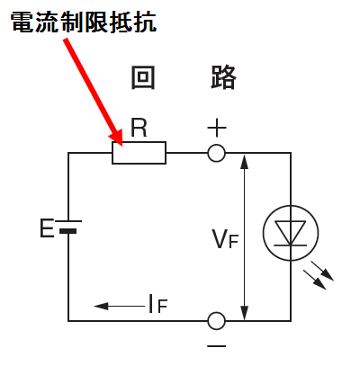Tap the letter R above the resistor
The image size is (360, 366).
click(x=139, y=128)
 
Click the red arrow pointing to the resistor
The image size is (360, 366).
click(x=93, y=92)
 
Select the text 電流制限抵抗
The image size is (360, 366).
click(x=84, y=22)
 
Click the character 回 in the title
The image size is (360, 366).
click(x=143, y=77)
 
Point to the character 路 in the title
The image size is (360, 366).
click(x=223, y=77)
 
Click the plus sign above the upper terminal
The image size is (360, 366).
click(x=217, y=128)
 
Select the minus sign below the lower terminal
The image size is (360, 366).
click(x=217, y=346)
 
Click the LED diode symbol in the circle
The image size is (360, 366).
click(x=291, y=233)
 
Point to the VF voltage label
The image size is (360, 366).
click(x=225, y=239)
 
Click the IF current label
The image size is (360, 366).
click(x=157, y=304)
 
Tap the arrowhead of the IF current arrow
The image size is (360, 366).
click(x=101, y=306)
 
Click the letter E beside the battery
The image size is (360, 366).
click(x=47, y=228)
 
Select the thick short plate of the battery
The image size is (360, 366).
click(x=67, y=231)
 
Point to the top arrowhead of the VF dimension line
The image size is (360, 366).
click(x=245, y=162)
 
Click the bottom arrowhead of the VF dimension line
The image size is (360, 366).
click(x=245, y=312)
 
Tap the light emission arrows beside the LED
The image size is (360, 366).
click(x=319, y=275)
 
